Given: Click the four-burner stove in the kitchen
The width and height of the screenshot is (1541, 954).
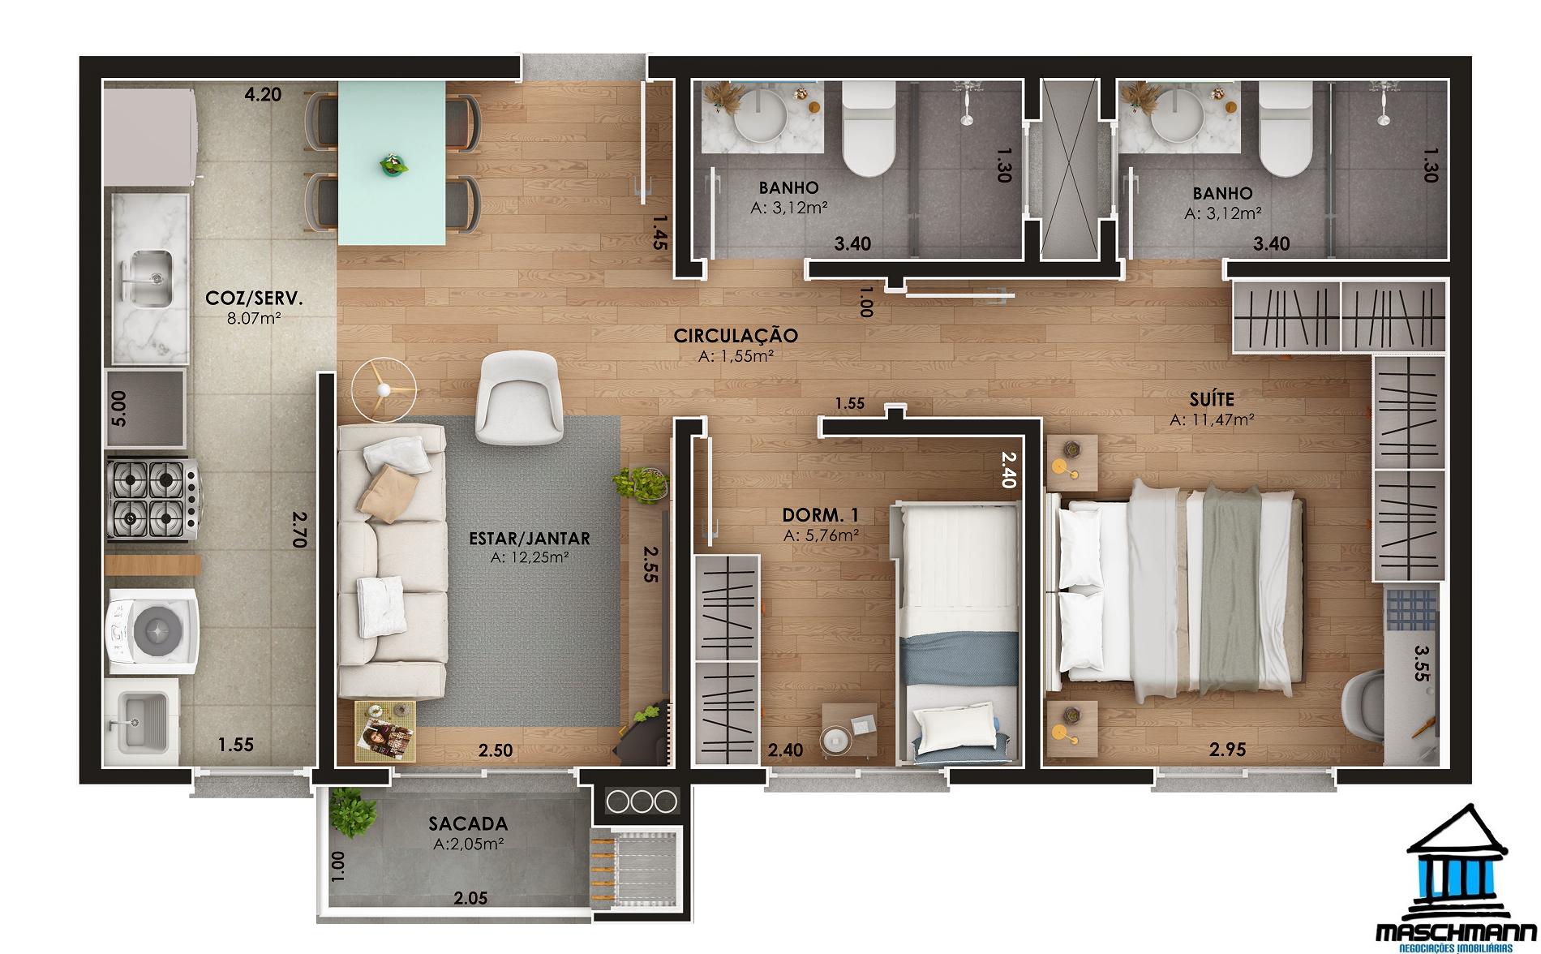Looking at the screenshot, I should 153,498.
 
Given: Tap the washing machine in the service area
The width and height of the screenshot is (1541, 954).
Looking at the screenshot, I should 151,630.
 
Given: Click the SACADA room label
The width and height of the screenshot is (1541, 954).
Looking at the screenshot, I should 468,824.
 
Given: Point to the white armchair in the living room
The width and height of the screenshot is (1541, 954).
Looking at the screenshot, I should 521,398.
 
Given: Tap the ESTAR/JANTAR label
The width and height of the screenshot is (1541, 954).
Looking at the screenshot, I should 530,538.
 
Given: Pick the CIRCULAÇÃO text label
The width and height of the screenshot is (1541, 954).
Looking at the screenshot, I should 736,335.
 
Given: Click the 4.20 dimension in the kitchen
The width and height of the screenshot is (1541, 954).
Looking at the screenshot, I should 263,95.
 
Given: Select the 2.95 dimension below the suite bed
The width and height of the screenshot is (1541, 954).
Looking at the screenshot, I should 1227,750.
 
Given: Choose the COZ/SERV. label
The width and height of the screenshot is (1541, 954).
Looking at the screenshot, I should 254,299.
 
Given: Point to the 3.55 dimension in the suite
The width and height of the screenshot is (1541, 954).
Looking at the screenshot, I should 1420,664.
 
